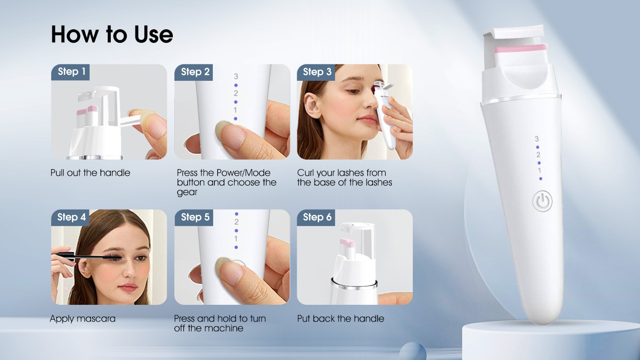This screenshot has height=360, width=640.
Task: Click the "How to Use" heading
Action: pos(112,34)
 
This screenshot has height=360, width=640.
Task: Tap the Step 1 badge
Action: pos(70,72)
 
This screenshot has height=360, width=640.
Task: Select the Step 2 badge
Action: pos(194,72)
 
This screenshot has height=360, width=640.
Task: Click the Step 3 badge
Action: pos(316,72)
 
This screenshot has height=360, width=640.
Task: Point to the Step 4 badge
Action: pos(70,218)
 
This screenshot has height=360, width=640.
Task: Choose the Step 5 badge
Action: pos(194,218)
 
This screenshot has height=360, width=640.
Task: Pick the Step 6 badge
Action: pos(316,218)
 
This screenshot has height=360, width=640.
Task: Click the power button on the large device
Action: pos(542,202)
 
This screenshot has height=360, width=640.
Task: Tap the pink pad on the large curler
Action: pos(520,49)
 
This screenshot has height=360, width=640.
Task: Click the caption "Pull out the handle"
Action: pos(90,173)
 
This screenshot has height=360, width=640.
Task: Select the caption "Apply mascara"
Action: pos(82,318)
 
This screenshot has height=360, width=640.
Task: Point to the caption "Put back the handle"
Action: pos(340,318)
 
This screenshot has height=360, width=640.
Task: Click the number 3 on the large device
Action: pos(536,139)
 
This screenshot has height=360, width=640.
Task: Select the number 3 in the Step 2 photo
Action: pos(236,76)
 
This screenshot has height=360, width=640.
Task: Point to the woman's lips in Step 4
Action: pos(128,286)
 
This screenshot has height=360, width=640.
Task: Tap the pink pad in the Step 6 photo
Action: pos(348,243)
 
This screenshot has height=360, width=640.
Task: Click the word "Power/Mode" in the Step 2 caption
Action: pos(244,173)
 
